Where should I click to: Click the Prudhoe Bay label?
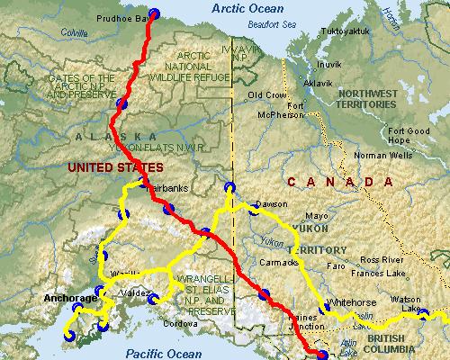coord(120,18)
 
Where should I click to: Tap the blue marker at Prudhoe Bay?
coord(152,13)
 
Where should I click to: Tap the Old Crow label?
coord(266,94)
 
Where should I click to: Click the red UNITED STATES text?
coord(114,167)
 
